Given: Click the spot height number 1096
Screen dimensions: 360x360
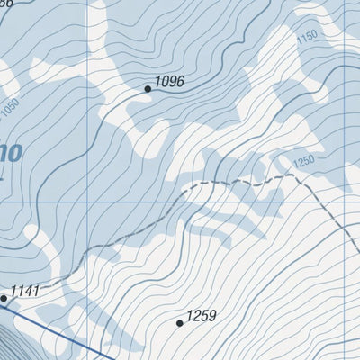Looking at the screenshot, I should (169, 82).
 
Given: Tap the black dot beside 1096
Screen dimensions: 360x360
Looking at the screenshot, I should (148, 89).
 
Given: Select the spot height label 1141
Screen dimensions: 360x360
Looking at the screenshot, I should (25, 291).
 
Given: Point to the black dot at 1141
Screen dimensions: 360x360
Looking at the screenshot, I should (4, 297).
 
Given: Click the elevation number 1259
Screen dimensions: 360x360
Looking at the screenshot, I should (202, 316).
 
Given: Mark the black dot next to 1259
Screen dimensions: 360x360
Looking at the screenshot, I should (180, 322).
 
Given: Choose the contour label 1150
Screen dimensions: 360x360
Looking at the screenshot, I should (308, 37).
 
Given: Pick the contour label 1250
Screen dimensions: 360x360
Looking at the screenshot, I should (305, 161).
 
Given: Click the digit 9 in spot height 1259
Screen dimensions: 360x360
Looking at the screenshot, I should (212, 316).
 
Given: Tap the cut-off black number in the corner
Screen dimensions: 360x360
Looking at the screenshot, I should (7, 3).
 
